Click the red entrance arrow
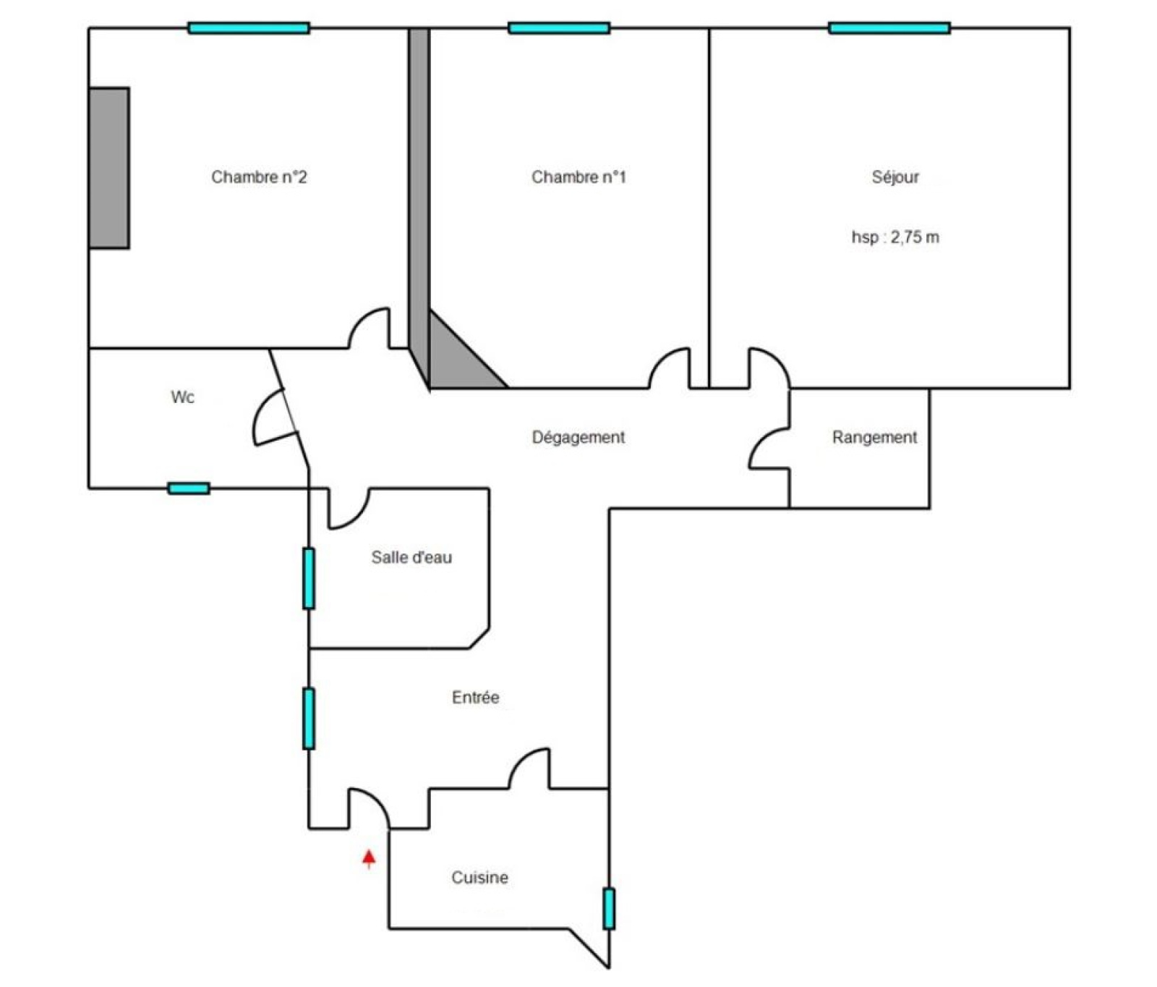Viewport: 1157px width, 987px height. point(369,858)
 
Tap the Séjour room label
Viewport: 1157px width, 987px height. point(895,177)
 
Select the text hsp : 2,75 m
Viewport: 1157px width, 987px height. point(895,237)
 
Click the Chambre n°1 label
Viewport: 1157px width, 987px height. point(578,177)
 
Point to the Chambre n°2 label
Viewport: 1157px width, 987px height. point(259,177)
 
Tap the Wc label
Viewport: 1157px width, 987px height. point(182,397)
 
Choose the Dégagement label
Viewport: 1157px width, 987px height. point(578,438)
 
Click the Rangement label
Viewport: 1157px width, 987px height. point(874,438)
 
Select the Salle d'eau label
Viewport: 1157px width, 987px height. point(411,557)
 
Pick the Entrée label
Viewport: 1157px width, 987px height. point(476,698)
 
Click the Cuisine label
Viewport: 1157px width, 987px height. point(479,878)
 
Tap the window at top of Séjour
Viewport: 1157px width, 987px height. point(889,28)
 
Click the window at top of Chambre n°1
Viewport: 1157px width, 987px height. point(559,28)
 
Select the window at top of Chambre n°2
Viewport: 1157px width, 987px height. point(249,28)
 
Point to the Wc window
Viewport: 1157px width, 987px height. point(189,488)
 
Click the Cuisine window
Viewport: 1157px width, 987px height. point(609,908)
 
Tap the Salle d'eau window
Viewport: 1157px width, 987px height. point(309,578)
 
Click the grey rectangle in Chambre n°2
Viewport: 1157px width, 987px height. point(109,168)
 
